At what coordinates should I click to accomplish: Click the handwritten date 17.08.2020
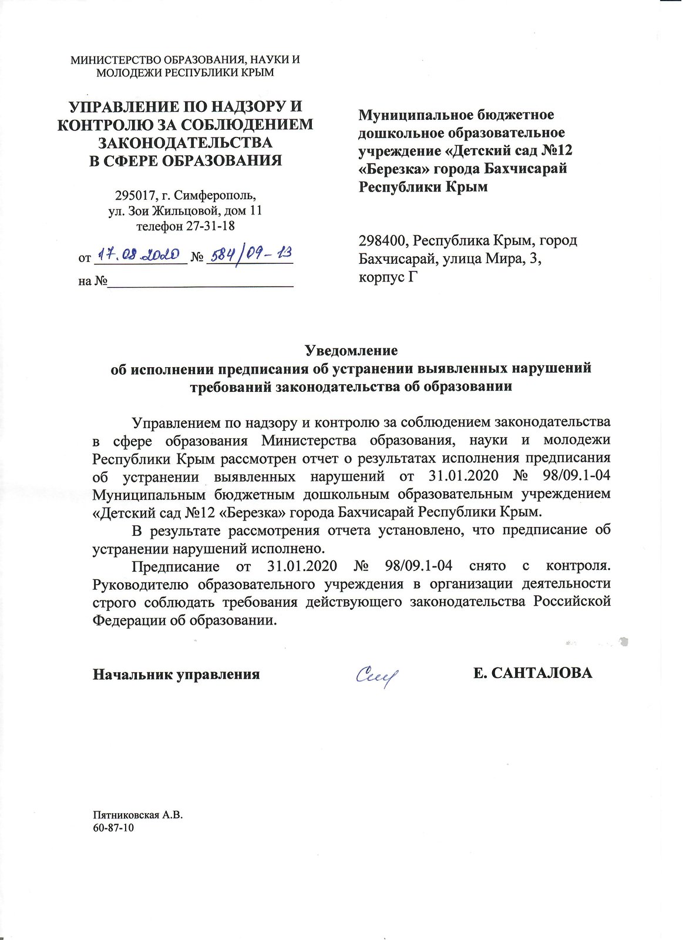[x=138, y=254]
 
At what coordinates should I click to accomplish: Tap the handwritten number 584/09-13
[x=250, y=254]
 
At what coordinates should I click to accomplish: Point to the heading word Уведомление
[x=351, y=351]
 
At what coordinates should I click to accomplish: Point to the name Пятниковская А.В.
[x=138, y=815]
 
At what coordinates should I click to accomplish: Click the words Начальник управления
[x=176, y=674]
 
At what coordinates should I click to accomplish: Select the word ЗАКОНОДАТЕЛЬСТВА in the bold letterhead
[x=185, y=143]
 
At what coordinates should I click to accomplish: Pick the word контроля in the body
[x=578, y=566]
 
